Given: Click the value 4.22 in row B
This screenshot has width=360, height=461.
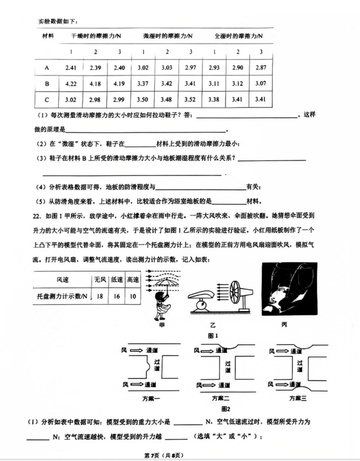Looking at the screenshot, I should [x=70, y=84].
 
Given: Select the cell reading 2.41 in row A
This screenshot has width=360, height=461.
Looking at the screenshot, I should [x=70, y=67].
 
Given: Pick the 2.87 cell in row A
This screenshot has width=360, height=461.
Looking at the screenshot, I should [x=261, y=67].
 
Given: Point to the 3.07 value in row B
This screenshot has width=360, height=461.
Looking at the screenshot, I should [x=261, y=84].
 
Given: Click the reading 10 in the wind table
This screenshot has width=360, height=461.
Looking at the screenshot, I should [x=132, y=296].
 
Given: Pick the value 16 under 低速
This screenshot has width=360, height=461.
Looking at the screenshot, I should [x=116, y=296].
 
